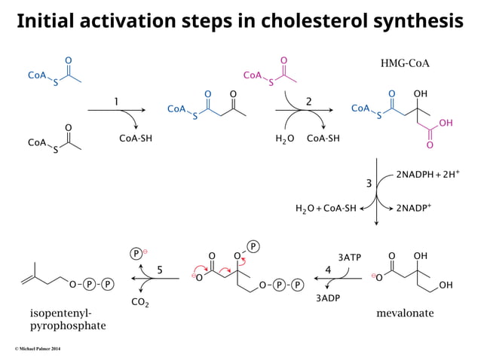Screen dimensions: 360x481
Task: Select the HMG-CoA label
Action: [x=405, y=63]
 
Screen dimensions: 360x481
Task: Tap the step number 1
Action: [x=116, y=101]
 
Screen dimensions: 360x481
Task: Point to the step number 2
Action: [x=308, y=101]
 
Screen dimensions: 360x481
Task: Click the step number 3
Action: [x=369, y=184]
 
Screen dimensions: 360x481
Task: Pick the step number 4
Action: [x=328, y=269]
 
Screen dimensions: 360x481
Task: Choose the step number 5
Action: [x=160, y=269]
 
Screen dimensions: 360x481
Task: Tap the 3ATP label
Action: [x=349, y=257]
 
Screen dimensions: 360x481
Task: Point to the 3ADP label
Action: [x=327, y=298]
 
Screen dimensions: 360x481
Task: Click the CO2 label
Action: [x=140, y=303]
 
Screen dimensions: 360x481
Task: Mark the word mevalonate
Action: [x=405, y=313]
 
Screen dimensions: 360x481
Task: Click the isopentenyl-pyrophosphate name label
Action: [x=68, y=320]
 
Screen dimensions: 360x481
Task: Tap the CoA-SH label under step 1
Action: [x=136, y=139]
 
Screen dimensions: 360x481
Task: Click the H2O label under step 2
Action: [x=285, y=139]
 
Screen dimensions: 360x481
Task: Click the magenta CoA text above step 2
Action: [x=252, y=75]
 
